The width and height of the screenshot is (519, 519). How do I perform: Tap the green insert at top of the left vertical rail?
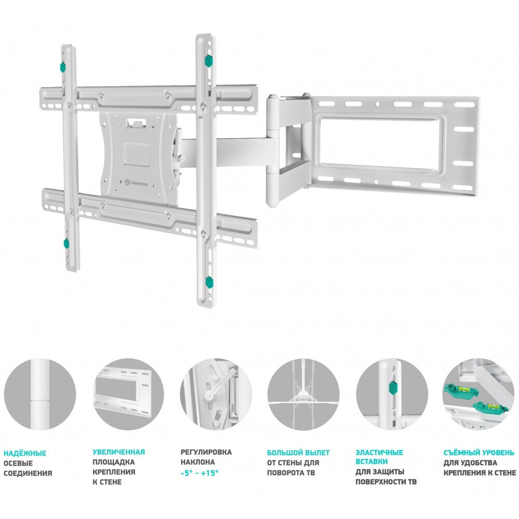pos(63,66)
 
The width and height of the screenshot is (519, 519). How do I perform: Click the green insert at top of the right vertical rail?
pos(208,61)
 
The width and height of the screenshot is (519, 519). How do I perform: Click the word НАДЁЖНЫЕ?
pos(25,453)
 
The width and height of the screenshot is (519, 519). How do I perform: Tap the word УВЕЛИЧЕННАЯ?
pos(118,452)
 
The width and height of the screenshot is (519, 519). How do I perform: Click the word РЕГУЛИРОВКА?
pos(206,452)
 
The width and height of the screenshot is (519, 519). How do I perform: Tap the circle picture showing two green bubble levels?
pos(479,394)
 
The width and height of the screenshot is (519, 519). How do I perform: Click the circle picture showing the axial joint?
pos(40,394)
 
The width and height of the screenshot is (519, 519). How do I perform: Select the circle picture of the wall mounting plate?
pos(128,394)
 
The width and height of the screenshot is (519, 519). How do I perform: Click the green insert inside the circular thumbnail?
pos(393,387)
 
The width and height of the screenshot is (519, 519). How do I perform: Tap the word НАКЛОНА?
pos(197,462)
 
